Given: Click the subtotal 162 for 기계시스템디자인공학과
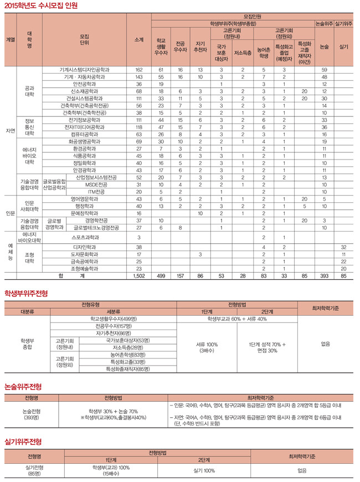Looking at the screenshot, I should coord(139,69).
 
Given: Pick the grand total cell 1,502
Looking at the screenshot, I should coord(139,275).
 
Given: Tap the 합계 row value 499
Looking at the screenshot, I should coord(161,275).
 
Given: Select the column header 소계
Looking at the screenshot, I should coord(139,40).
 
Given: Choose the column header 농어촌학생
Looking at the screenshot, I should coord(264,53).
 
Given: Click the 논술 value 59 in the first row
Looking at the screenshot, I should coord(324,69).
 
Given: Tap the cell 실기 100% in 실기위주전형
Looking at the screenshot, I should coord(204,470).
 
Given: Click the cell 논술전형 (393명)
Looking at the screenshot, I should coord(31,414).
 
